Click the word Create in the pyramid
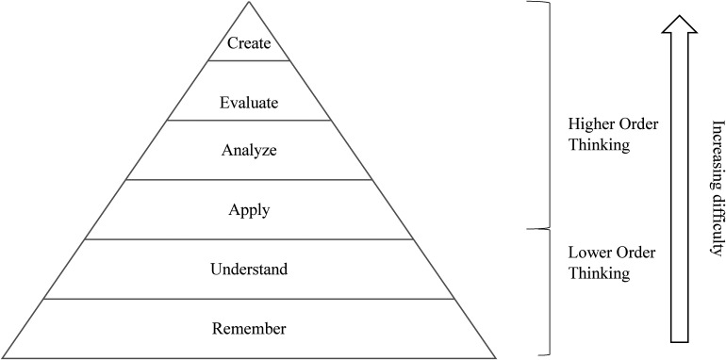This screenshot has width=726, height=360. pos(249,43)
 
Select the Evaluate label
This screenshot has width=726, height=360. pos(249,103)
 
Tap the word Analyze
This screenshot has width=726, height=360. pos(249,151)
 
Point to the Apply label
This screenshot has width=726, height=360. pos(249,210)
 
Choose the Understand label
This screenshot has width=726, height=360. pos(249,269)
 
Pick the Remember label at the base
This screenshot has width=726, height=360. pos(249,329)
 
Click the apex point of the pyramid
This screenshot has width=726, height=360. pos(249,2)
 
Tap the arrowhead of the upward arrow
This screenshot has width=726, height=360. pos(679,25)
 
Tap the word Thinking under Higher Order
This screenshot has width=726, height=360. pos(599,145)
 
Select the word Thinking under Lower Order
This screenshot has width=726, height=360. pos(599,273)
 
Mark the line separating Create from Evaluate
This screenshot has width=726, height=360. pos(249,60)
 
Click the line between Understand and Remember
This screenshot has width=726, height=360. pos(249,299)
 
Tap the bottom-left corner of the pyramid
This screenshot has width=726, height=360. pos(3,358)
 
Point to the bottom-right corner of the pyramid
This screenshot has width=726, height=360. pos(495,358)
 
